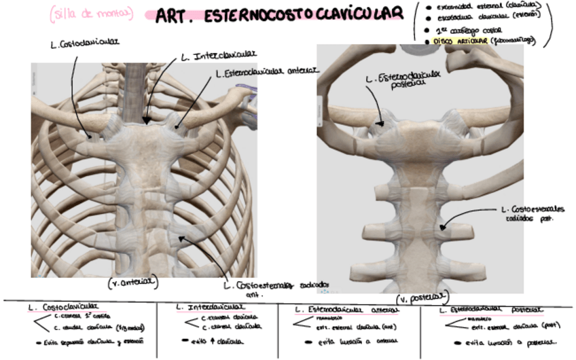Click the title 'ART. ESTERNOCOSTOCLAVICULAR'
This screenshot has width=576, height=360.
click(278, 16)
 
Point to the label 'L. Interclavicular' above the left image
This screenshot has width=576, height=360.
click(217, 55)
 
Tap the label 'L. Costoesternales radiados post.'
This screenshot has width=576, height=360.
click(529, 213)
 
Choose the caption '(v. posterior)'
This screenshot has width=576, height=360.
click(422, 298)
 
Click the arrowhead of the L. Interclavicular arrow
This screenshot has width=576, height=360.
click(146, 122)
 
